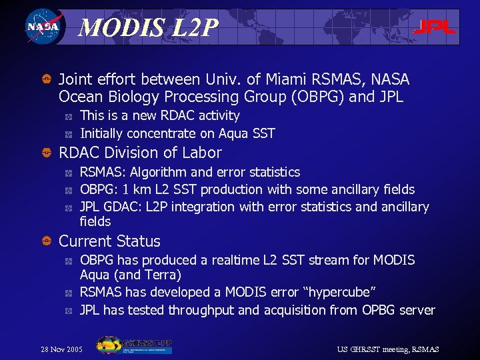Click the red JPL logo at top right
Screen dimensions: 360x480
coord(434,27)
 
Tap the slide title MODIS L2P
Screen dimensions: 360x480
coord(148,27)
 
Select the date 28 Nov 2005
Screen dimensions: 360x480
coord(62,349)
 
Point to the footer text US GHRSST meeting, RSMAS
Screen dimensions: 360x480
coord(388,349)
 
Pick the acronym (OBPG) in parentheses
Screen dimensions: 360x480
coord(321,97)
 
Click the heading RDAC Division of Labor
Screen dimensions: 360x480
coord(140,153)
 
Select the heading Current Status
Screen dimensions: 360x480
coord(110,241)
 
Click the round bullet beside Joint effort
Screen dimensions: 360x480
coord(46,80)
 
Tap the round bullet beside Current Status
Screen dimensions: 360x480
coord(46,241)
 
